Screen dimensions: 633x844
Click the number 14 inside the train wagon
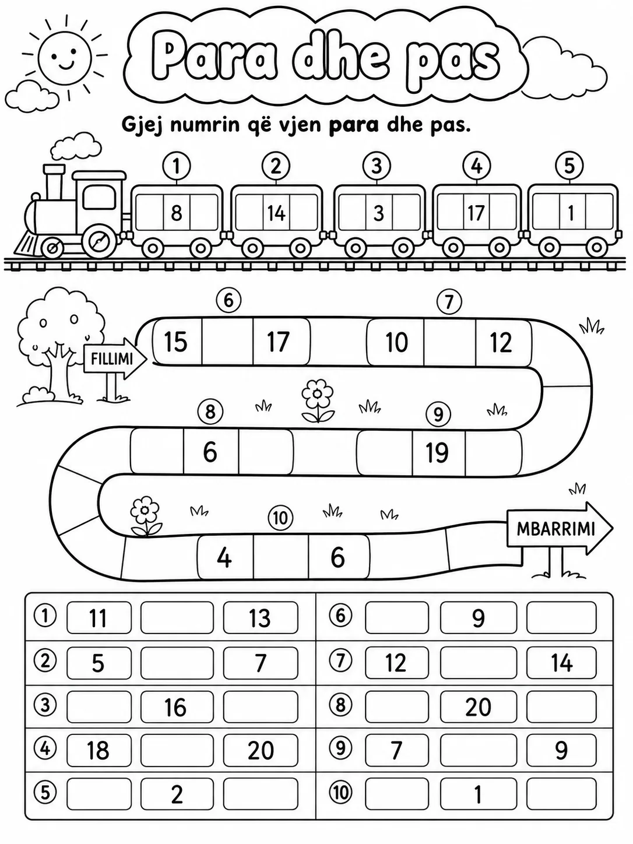click(x=276, y=213)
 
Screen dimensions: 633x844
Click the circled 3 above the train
click(x=377, y=166)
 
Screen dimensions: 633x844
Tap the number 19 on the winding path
click(x=437, y=452)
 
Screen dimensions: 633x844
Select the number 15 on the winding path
click(x=175, y=342)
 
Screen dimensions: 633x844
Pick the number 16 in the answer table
click(x=175, y=706)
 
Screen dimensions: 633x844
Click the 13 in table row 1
click(x=260, y=618)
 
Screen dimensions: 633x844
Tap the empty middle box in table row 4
click(x=177, y=750)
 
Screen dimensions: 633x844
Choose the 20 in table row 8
click(x=478, y=706)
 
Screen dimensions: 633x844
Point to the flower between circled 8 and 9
click(x=318, y=400)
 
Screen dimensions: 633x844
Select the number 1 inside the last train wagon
click(x=571, y=213)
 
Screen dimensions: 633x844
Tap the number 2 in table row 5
click(x=177, y=794)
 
